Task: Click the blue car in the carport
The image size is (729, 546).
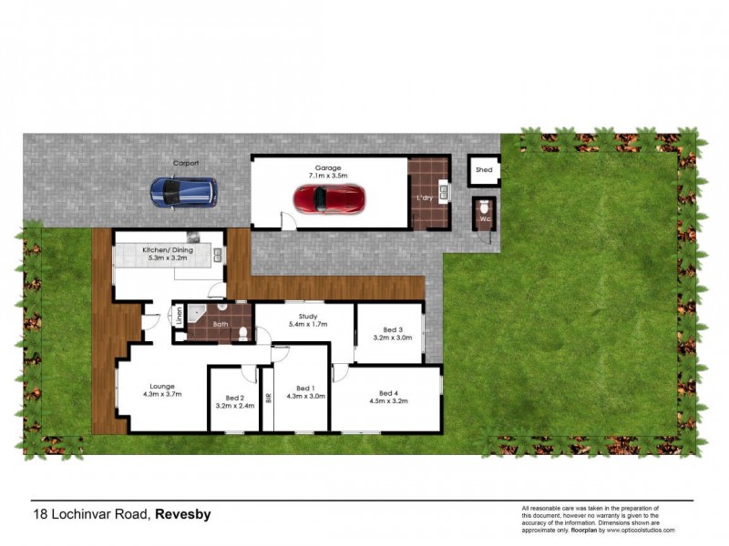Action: tap(183, 191)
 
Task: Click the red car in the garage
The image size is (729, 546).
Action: tap(329, 197)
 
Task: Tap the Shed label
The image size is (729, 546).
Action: tap(484, 170)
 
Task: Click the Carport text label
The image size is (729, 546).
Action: tap(186, 163)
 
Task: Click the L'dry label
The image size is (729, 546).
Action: tap(423, 198)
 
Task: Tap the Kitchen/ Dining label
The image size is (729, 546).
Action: tap(167, 249)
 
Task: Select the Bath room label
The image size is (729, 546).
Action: tap(221, 323)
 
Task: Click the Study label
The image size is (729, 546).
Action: tap(307, 316)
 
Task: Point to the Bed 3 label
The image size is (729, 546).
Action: tap(393, 329)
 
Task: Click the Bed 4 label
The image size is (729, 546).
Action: tap(388, 392)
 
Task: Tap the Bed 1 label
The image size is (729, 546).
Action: tap(305, 388)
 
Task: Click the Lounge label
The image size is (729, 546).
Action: tap(163, 386)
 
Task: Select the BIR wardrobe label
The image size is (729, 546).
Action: tap(268, 398)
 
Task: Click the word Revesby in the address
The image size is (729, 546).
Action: tap(182, 514)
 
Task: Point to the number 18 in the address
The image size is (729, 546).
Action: tap(40, 514)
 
